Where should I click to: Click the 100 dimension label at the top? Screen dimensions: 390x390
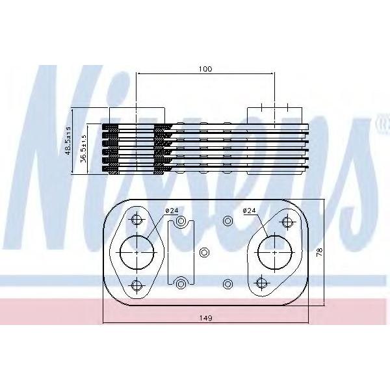click(205, 69)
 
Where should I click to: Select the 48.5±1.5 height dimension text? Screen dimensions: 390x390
click(68, 141)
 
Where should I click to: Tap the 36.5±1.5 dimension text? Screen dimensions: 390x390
click(84, 148)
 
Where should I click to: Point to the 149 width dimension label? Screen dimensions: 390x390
click(205, 318)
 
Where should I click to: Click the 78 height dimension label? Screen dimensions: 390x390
click(320, 252)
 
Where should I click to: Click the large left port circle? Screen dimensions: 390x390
click(120, 252)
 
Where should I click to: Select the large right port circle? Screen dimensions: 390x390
click(258, 252)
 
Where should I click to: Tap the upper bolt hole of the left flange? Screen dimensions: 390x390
click(136, 220)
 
